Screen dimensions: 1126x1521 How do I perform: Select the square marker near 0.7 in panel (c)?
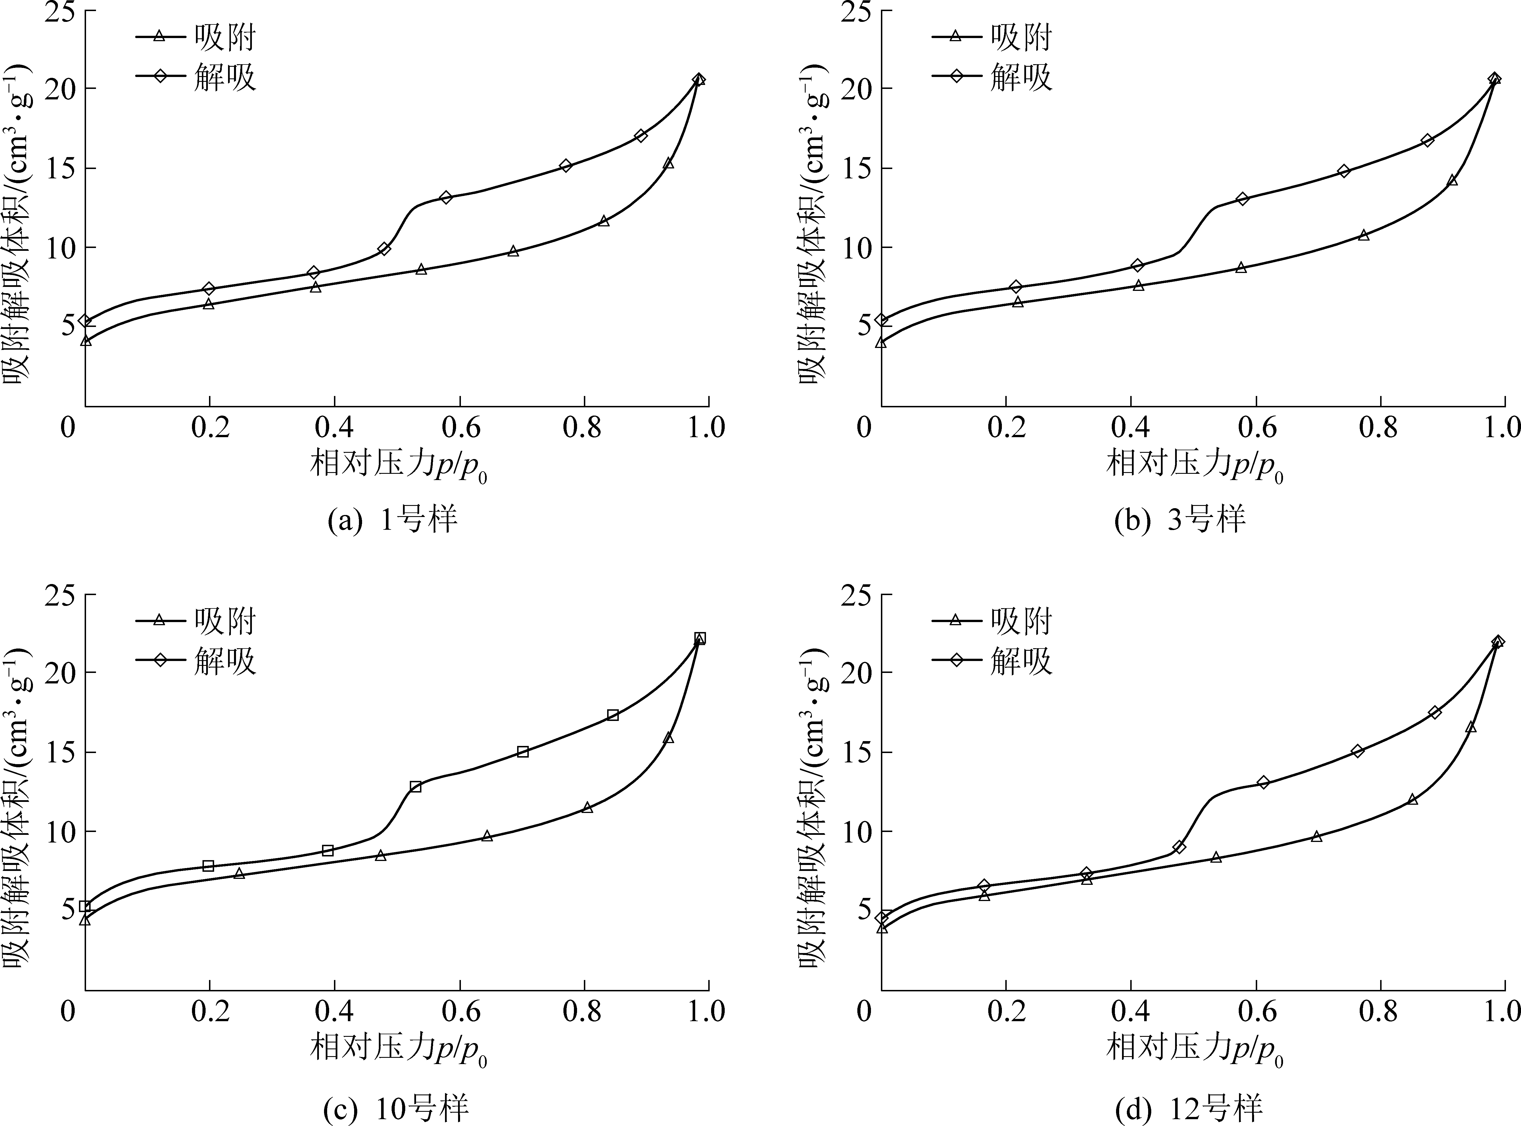tap(523, 752)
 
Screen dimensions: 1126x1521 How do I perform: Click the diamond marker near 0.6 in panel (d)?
tap(1263, 783)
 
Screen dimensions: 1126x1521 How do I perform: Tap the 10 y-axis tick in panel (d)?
tap(858, 831)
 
